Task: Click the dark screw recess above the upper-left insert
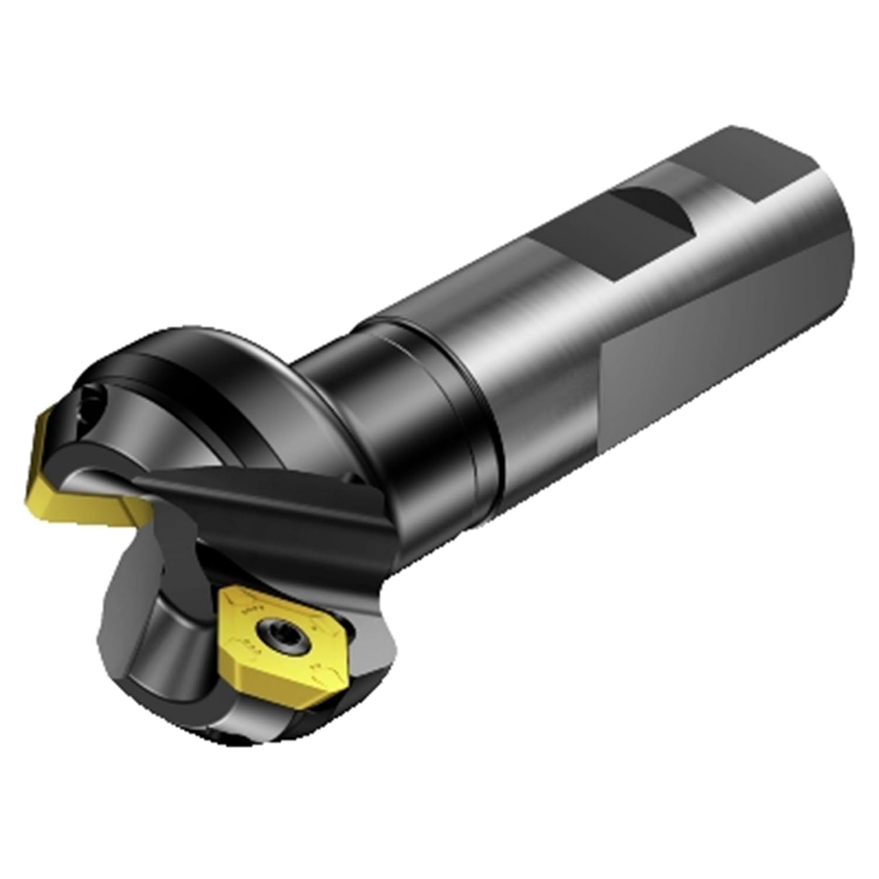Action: [x=94, y=404]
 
